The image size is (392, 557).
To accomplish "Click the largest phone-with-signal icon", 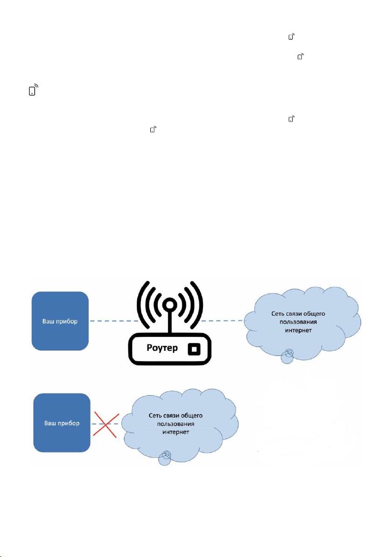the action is coord(33,90).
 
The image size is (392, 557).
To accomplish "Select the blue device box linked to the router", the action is coord(60,321).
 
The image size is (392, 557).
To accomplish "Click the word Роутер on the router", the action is coord(162,348).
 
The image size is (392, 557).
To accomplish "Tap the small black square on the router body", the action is coord(194,349).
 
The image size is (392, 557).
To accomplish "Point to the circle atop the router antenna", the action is coord(170,304).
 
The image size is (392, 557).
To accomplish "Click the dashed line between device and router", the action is coord(113,321).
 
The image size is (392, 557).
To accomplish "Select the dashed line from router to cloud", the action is coord(223,321).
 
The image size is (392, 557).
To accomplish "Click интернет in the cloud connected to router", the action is coord(298,330).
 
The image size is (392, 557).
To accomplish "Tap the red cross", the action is coord(106,424).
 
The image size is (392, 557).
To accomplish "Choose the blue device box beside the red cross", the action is coord(62,423).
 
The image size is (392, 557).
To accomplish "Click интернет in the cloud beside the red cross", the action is coord(175,432).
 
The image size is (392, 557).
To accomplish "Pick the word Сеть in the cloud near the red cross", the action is coord(155,415).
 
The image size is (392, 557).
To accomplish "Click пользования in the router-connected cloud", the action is coord(298,322).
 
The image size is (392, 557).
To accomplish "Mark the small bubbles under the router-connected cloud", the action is coord(288,356).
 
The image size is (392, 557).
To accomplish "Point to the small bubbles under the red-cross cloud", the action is coord(165,458).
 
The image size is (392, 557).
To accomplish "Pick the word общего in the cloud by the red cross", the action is coord(191,415).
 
